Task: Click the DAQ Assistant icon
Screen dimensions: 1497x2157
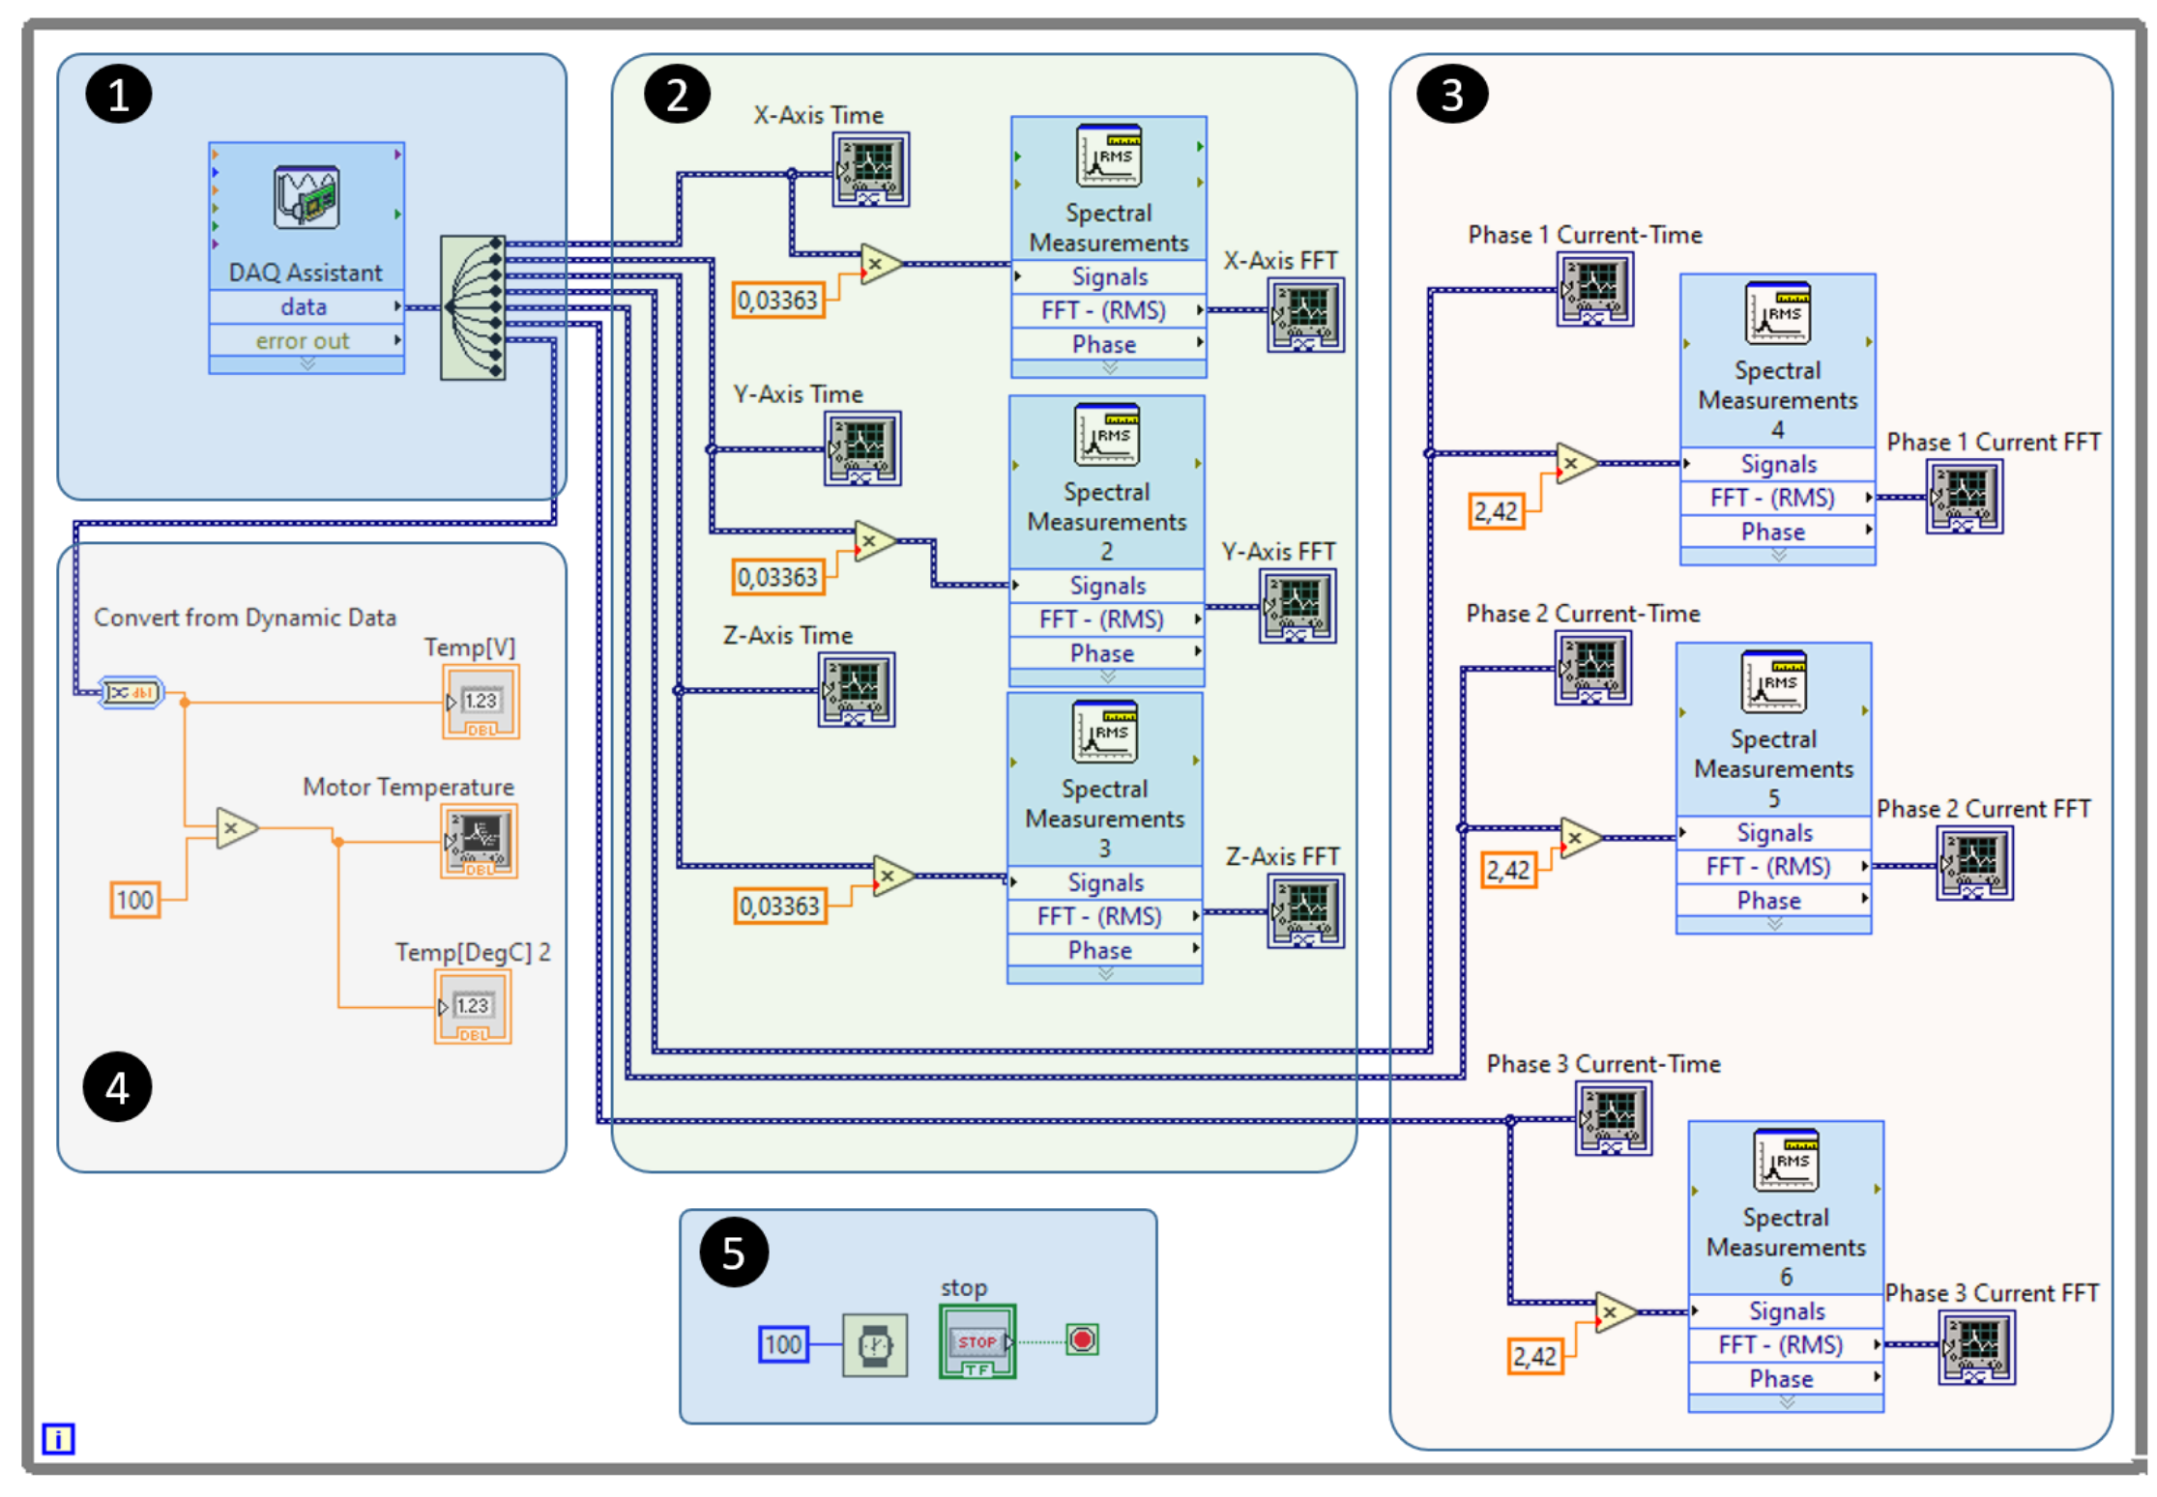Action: [x=306, y=197]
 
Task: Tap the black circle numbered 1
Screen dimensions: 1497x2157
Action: [x=118, y=95]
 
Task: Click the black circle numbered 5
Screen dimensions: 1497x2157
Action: [x=734, y=1252]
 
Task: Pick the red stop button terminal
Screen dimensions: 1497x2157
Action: [x=1082, y=1339]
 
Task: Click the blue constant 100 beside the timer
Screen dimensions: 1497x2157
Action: [x=783, y=1344]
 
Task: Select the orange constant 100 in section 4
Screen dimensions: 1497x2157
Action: [x=134, y=900]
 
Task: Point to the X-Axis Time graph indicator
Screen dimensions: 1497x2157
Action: [x=870, y=169]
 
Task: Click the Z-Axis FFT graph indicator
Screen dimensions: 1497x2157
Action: [x=1305, y=910]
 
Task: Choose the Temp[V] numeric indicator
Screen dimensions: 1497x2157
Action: [x=481, y=702]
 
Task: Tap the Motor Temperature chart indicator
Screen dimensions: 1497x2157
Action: [x=479, y=840]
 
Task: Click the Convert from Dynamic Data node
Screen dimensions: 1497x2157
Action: [x=131, y=692]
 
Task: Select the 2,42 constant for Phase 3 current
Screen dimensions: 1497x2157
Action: [x=1534, y=1356]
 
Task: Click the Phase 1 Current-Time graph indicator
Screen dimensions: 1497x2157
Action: [x=1594, y=289]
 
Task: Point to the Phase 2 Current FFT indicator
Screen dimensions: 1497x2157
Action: [x=1974, y=864]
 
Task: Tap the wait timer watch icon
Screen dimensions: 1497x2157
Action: [x=875, y=1344]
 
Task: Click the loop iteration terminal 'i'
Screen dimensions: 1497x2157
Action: [x=58, y=1438]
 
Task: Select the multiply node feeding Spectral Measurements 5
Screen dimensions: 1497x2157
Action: [x=1579, y=838]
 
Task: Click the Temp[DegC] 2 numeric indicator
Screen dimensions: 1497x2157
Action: [x=473, y=1007]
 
